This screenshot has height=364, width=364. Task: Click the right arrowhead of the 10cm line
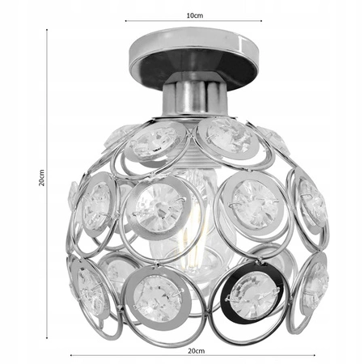(261, 22)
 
